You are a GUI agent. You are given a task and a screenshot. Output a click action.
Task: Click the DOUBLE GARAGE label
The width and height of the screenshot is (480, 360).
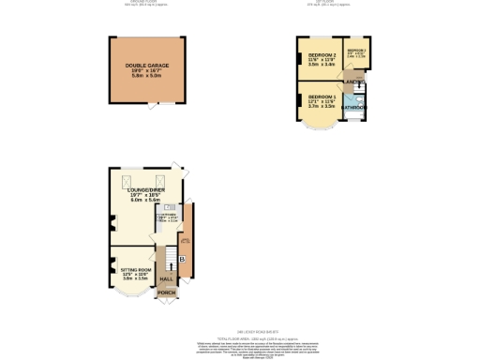pos(146,66)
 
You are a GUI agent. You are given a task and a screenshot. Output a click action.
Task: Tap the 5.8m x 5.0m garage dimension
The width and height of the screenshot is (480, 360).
pos(146,76)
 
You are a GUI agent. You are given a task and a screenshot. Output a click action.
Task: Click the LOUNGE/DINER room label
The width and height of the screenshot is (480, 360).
pos(145,189)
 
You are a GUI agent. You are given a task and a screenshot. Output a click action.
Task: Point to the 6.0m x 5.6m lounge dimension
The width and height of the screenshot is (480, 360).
pos(145,201)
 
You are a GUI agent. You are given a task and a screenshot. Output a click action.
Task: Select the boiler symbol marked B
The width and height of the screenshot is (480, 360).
pos(182,258)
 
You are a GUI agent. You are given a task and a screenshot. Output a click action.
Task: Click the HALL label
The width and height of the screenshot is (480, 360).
pos(166,279)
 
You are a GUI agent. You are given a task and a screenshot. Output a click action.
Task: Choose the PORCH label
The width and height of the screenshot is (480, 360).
pos(166,293)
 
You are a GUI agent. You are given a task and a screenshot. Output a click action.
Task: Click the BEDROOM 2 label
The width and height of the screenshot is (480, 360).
pos(322,55)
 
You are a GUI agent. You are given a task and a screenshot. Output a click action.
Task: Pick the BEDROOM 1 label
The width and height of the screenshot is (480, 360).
pos(322,97)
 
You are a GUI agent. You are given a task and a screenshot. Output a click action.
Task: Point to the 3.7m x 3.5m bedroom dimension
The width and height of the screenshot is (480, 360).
pos(322,108)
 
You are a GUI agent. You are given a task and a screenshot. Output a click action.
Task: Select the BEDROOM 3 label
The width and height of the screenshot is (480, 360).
pos(357,49)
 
